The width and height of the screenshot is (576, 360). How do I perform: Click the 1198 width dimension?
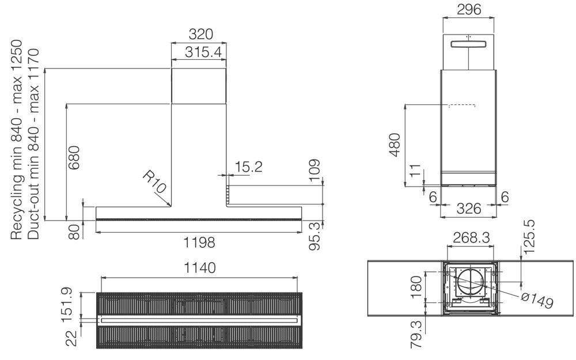[x=199, y=242]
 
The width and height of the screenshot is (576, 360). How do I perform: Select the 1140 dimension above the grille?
[x=199, y=268]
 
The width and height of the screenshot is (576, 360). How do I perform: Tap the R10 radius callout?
[x=154, y=181]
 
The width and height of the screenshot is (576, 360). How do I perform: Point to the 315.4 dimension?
[x=203, y=52]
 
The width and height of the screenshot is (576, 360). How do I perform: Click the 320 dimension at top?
[x=200, y=34]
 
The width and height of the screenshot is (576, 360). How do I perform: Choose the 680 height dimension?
[x=74, y=158]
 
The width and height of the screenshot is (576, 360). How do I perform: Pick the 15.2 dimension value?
[x=249, y=167]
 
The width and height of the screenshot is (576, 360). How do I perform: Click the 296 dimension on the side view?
[x=469, y=10]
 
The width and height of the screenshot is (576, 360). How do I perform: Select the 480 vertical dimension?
[x=395, y=145]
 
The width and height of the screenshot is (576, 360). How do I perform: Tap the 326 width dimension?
[x=468, y=209]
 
